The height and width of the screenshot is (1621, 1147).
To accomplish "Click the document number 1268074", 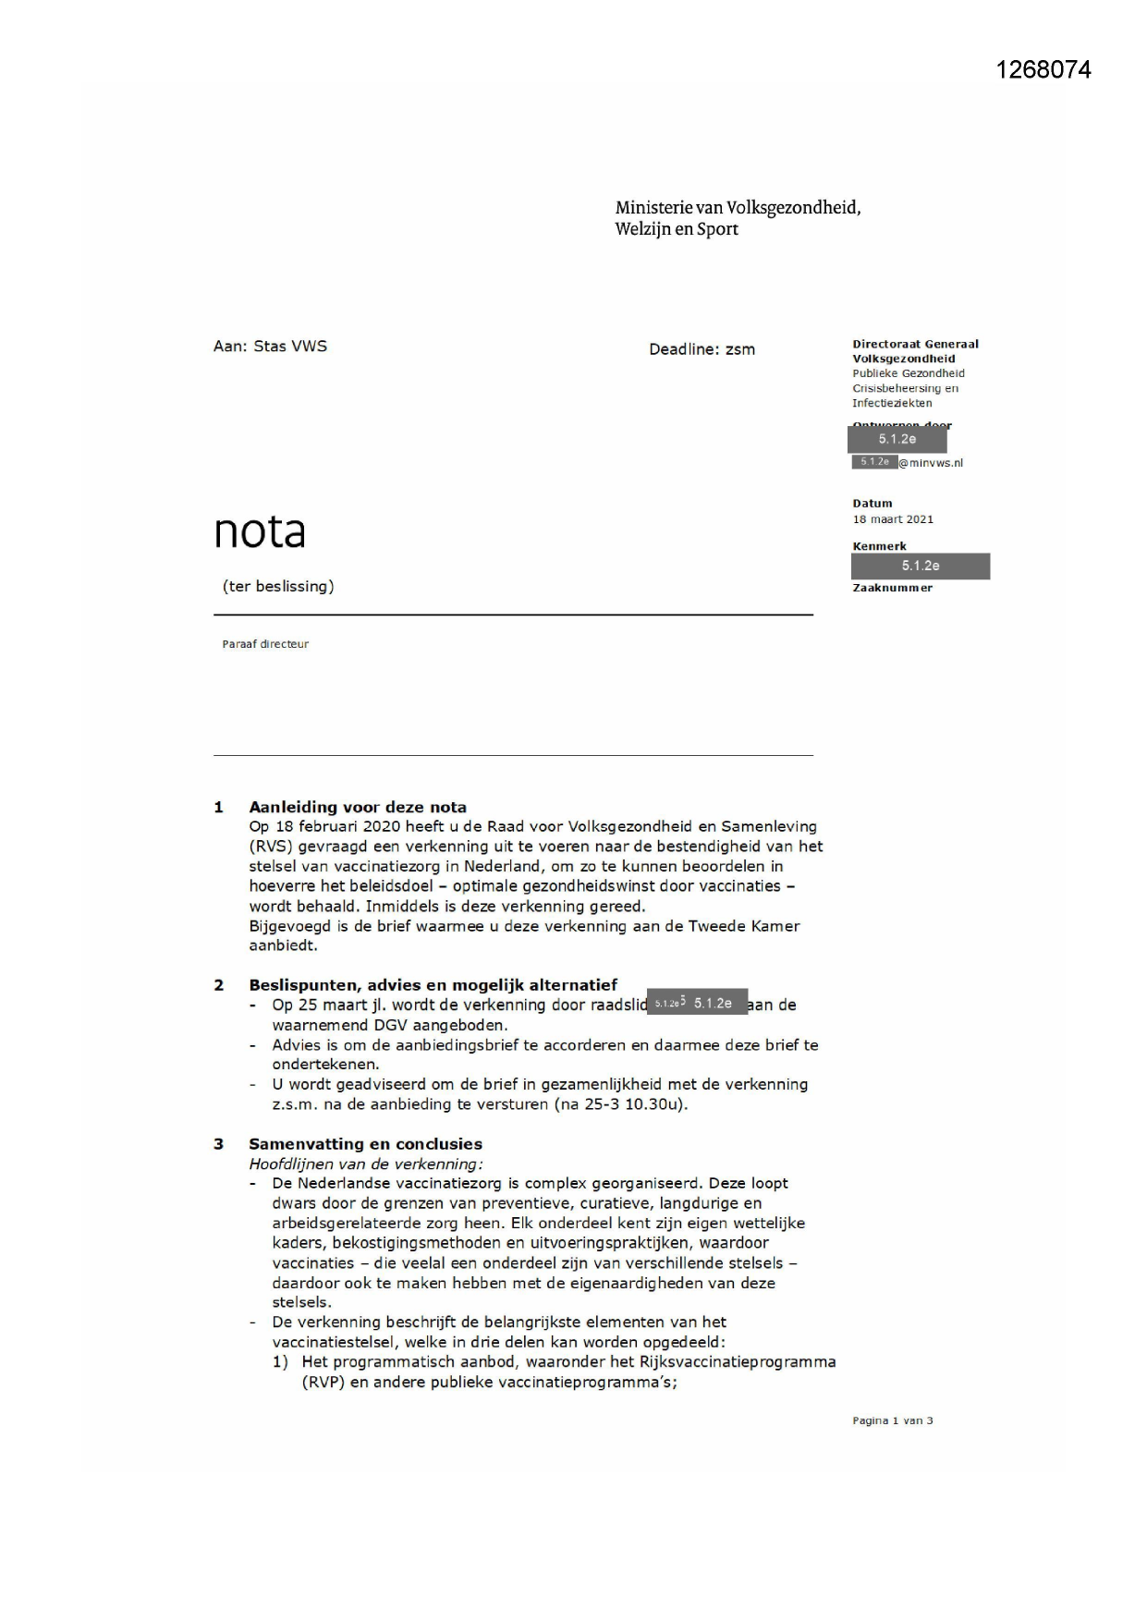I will click(1043, 70).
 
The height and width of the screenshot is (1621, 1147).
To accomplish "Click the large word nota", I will click(260, 531).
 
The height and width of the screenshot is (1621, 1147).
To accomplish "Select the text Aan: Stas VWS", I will click(270, 347).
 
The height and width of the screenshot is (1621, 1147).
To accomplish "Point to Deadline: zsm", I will click(702, 349).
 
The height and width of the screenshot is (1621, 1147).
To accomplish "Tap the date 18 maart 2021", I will click(893, 519).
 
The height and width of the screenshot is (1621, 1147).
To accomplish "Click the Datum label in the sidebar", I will click(872, 504).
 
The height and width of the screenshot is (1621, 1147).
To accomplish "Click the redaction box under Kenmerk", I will click(921, 566).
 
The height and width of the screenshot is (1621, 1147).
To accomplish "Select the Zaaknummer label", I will click(892, 588).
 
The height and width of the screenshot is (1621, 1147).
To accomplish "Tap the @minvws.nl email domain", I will click(931, 463).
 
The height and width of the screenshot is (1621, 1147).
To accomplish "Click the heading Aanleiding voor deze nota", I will click(358, 807).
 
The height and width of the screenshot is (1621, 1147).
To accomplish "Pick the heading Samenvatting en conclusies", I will click(365, 1144).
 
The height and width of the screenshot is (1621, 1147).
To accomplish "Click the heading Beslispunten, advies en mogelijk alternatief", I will click(433, 985).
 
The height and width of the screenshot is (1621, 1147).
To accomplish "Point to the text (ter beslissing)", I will click(278, 586).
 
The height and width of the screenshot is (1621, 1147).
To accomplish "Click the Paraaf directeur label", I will click(265, 644).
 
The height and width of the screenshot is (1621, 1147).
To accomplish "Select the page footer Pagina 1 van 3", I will click(892, 1420).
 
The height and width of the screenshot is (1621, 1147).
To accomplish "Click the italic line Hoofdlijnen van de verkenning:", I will click(366, 1164).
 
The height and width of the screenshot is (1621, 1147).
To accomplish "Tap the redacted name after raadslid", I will click(697, 1004).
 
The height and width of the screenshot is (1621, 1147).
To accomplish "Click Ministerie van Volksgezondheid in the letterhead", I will click(738, 208).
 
